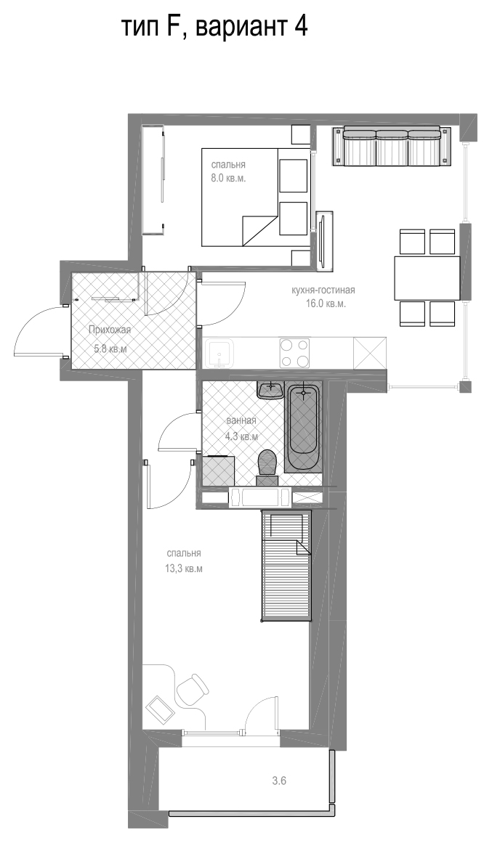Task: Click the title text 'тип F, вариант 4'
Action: tap(215, 27)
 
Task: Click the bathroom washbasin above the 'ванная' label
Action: tap(270, 391)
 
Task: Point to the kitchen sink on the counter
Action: tap(219, 353)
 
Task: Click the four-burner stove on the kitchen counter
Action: tap(294, 353)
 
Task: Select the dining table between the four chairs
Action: tap(427, 278)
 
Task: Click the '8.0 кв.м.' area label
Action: tap(228, 178)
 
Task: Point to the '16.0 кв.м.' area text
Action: tap(323, 304)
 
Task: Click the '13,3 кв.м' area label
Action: tap(184, 569)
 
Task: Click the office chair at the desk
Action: tap(193, 690)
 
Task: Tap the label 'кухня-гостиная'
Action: tap(323, 291)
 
